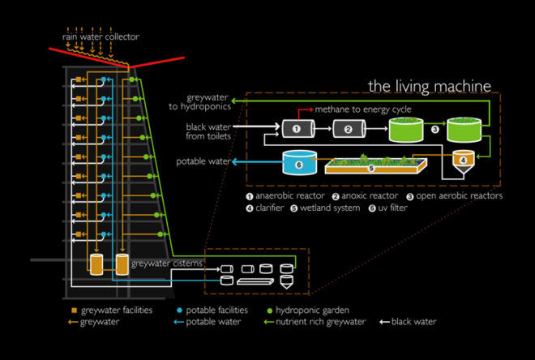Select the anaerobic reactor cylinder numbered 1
point(296,127)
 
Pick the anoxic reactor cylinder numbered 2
point(348,127)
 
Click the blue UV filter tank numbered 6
point(300,162)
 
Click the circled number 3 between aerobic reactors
point(434,128)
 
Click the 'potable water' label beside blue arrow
point(203,162)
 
